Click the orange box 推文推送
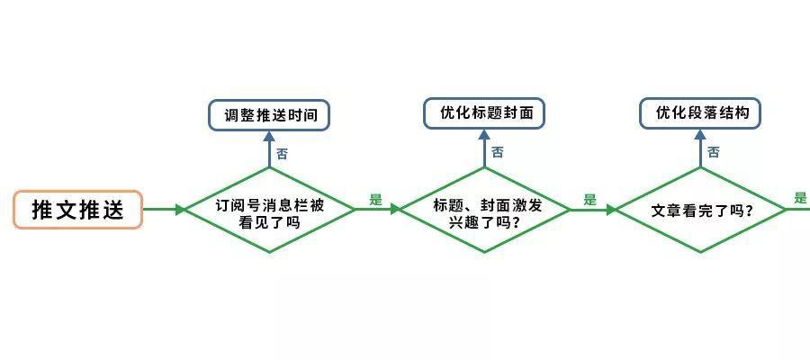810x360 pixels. coord(77,210)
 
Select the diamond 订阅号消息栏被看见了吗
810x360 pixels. coord(270,211)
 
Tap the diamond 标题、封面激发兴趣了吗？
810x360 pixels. coord(484,211)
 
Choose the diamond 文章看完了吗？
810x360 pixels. coord(700,211)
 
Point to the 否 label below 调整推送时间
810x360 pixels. coord(283,154)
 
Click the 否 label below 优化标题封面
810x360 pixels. coord(498,152)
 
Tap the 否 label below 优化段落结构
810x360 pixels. coord(714,152)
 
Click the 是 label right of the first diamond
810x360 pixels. coord(376,200)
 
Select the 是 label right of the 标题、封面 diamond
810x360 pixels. coord(589,200)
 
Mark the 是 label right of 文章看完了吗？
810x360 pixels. coord(800,199)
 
